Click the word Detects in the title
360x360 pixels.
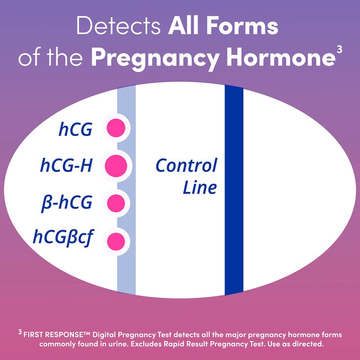[x=118, y=26]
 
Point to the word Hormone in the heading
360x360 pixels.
[x=281, y=57]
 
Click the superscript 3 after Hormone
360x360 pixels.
[x=340, y=49]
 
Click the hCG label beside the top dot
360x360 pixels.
[x=76, y=129]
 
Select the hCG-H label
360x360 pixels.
[x=66, y=165]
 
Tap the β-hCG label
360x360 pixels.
[x=67, y=203]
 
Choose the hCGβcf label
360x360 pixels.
[x=63, y=237]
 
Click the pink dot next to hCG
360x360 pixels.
[x=116, y=128]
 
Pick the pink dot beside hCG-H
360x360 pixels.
[x=116, y=166]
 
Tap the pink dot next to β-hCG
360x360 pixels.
[x=116, y=203]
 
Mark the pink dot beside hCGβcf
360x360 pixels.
[x=116, y=242]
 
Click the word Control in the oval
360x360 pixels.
[x=186, y=165]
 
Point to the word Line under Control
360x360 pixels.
[x=200, y=187]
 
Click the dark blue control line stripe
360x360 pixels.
[x=234, y=190]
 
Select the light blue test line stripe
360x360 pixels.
[x=126, y=189]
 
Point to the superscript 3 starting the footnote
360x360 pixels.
[x=20, y=332]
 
